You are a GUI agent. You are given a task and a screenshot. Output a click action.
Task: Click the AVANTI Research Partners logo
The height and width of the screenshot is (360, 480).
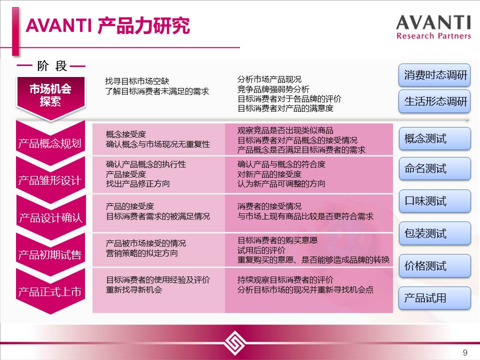(x=433, y=27)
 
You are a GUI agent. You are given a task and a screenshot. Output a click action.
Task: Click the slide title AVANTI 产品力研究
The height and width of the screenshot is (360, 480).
(x=108, y=25)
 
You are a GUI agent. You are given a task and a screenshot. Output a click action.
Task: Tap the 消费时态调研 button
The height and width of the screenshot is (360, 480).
(x=434, y=75)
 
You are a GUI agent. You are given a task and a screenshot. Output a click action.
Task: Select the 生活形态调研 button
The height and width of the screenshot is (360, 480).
(x=434, y=101)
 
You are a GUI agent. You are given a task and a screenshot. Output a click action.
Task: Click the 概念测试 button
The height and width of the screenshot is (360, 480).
(x=434, y=138)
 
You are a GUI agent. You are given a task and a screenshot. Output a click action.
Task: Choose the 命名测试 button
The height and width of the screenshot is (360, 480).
(x=434, y=168)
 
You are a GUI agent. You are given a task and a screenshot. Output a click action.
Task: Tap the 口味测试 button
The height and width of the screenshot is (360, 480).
(x=434, y=201)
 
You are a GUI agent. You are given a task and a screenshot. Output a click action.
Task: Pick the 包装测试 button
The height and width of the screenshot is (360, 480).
(x=434, y=233)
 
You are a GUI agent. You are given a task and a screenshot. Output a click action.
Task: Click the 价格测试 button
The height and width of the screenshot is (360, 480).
(x=434, y=265)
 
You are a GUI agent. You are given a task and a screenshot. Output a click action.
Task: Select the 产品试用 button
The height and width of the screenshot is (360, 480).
(x=434, y=298)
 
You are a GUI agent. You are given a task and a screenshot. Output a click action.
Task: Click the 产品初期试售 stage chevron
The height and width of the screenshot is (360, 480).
(x=50, y=254)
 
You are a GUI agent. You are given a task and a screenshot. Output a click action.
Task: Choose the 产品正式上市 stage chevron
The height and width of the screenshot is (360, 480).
(x=50, y=291)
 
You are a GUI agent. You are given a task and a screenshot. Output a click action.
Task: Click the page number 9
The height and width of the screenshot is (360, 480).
(x=465, y=352)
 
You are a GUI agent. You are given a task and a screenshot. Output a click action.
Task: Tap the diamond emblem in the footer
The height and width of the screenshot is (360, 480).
(x=234, y=343)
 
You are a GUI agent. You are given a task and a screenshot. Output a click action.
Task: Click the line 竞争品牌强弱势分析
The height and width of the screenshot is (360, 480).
(x=273, y=89)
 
